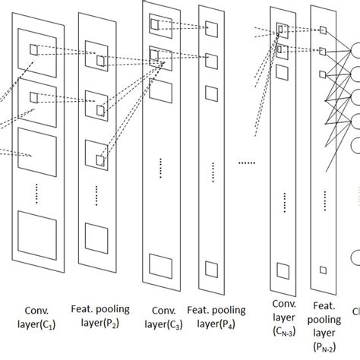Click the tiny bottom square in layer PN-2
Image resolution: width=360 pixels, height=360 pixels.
pyautogui.click(x=322, y=270)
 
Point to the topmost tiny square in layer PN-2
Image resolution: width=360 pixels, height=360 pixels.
pyautogui.click(x=322, y=30)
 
